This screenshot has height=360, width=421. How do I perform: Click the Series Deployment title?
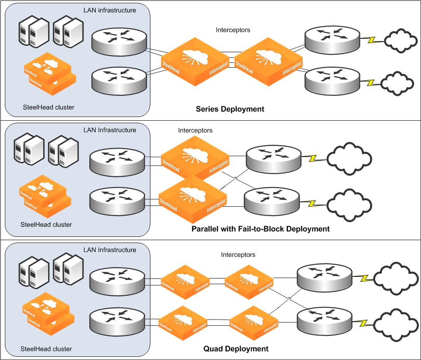click(x=230, y=109)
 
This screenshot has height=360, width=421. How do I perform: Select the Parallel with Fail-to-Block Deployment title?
click(x=260, y=229)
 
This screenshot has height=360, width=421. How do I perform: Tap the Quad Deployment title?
click(x=236, y=349)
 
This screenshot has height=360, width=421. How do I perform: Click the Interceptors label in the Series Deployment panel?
click(x=233, y=30)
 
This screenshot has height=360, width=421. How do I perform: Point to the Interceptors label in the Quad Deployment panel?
click(x=238, y=254)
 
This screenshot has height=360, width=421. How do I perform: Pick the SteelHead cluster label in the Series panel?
click(x=49, y=107)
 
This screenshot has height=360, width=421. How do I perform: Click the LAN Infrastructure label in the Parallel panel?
click(x=110, y=130)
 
